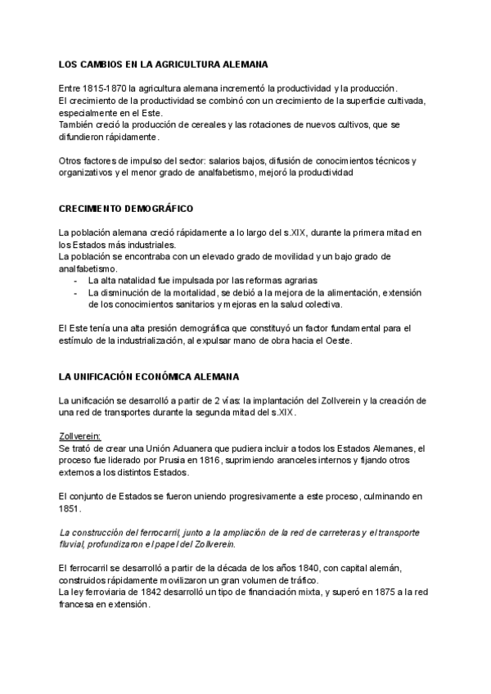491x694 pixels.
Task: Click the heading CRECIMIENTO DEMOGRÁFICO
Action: pyautogui.click(x=127, y=209)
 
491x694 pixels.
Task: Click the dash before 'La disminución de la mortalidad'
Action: pyautogui.click(x=75, y=293)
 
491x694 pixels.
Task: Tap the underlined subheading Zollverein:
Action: pyautogui.click(x=79, y=437)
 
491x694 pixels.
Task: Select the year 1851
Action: pyautogui.click(x=70, y=508)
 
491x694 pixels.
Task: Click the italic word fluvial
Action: pyautogui.click(x=71, y=544)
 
